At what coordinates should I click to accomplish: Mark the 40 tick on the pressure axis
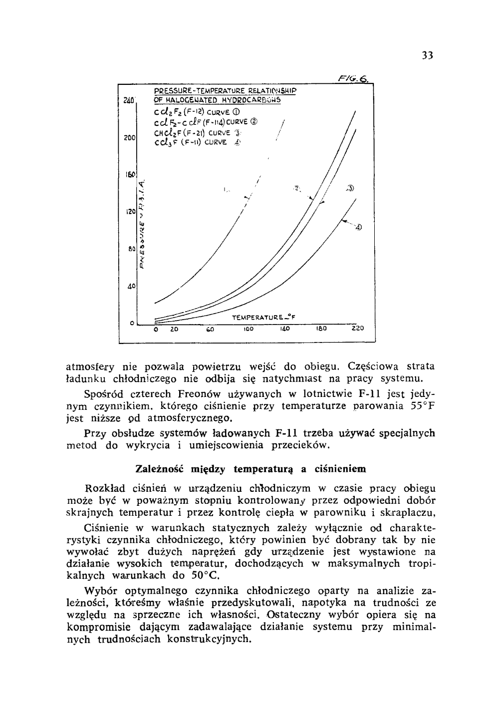pos(131,287)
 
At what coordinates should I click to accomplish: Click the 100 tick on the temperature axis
pos(249,330)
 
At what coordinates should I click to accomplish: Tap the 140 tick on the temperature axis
pos(284,330)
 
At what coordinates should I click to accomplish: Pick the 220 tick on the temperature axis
pos(357,330)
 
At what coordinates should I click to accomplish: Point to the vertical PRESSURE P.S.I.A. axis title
pos(142,225)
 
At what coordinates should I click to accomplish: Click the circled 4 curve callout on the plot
pos(358,228)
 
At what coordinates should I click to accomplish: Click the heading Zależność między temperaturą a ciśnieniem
pos(250,469)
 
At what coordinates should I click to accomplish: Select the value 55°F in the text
pos(422,406)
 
